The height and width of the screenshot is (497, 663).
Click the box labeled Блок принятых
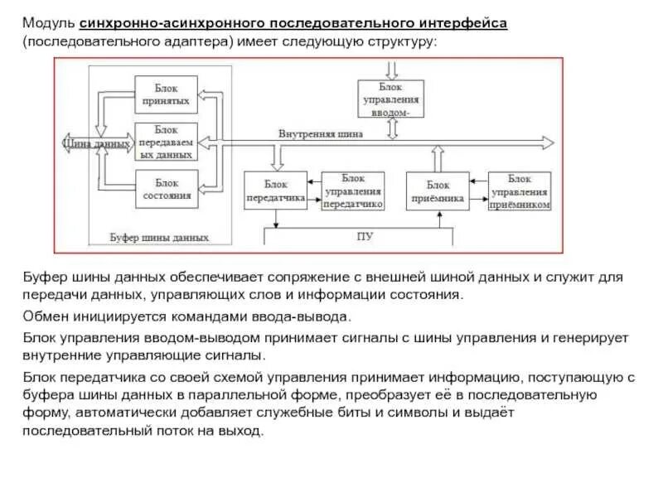[x=166, y=94]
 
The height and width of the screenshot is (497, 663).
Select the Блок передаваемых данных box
[x=166, y=142]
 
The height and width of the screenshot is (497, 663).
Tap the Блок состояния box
[x=166, y=189]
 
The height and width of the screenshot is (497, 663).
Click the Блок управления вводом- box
[x=390, y=99]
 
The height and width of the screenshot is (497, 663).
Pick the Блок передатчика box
[x=274, y=192]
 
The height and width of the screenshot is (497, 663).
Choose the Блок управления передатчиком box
[x=353, y=191]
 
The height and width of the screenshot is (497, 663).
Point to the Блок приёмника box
[x=437, y=192]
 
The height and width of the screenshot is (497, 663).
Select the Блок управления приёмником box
[x=520, y=191]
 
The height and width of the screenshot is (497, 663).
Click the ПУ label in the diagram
[x=365, y=236]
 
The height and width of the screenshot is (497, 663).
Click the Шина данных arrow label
[x=96, y=143]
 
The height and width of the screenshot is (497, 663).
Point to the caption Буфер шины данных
[x=159, y=238]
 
